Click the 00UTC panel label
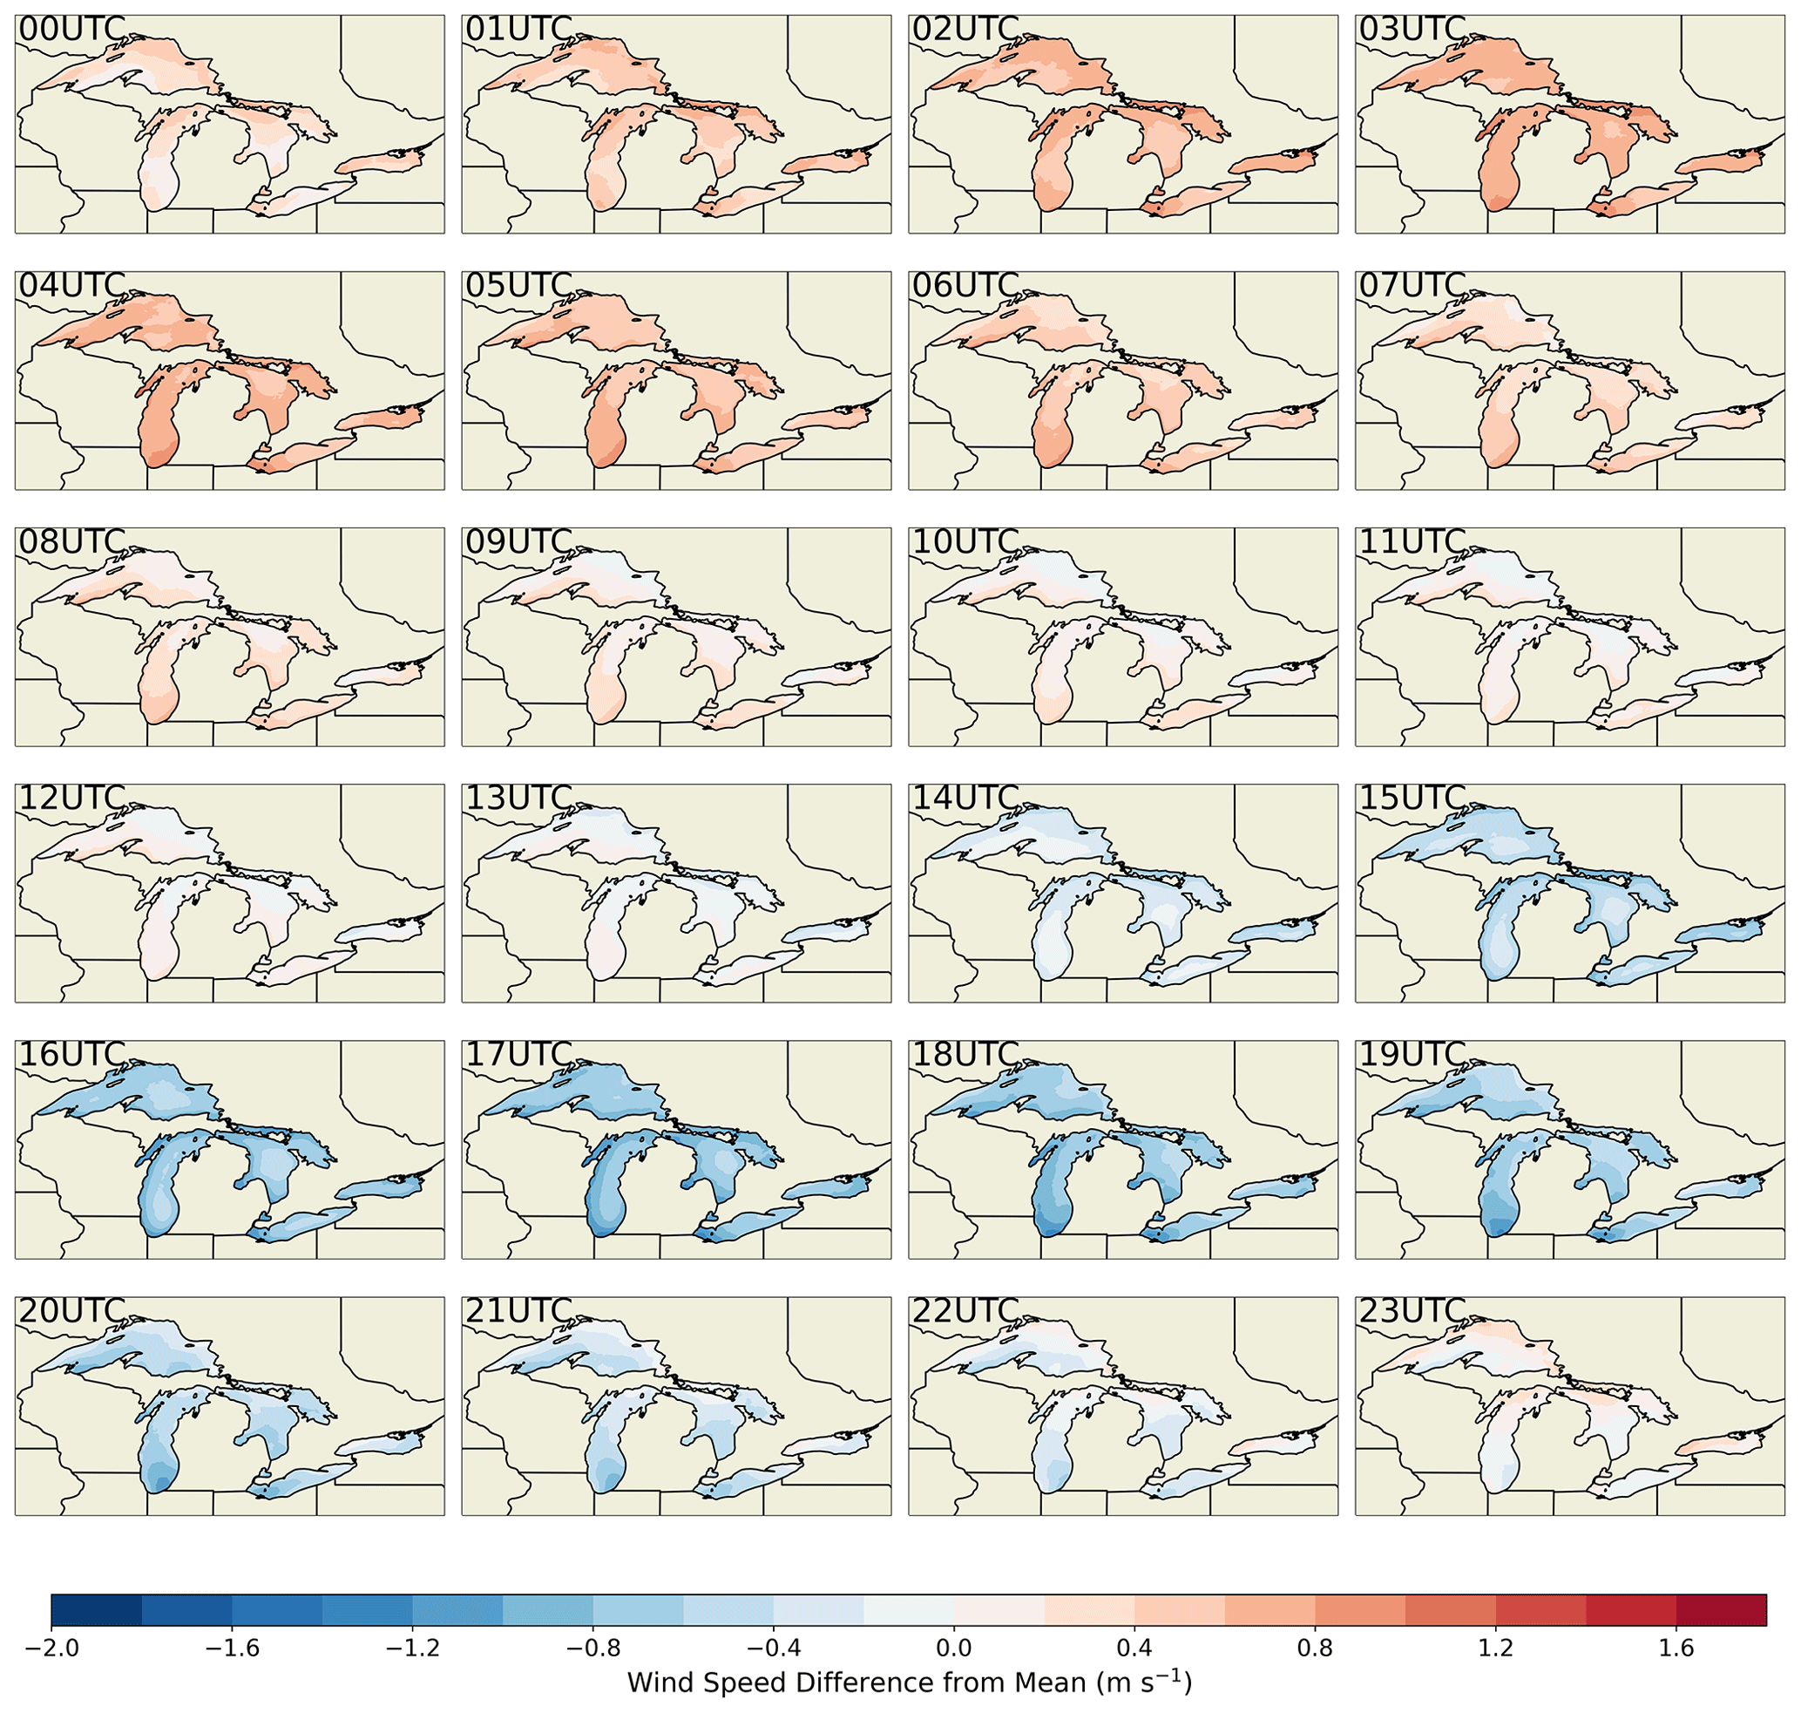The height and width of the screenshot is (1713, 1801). point(71,31)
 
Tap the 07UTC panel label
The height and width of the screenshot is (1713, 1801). point(1412,286)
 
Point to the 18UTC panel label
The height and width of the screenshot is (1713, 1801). point(965,1055)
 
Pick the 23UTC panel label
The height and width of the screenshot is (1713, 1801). point(1412,1311)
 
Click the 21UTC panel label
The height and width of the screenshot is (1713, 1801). point(518,1311)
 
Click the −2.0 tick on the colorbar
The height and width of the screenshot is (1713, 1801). point(52,1648)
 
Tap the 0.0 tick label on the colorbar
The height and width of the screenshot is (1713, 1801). point(954,1648)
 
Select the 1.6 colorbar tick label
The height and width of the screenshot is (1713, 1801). point(1676,1648)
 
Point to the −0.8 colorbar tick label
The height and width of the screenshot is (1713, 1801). point(592,1648)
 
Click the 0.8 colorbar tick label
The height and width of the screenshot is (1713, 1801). point(1316,1648)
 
